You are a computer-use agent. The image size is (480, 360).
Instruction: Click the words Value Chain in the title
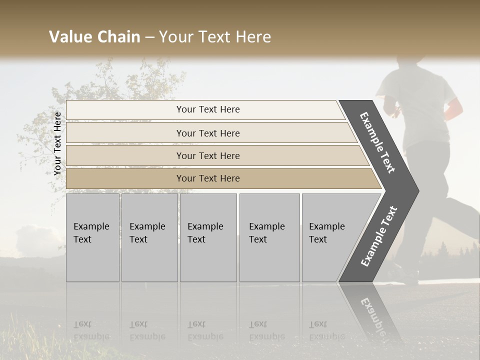94,37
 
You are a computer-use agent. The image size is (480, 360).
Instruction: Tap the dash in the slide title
149,37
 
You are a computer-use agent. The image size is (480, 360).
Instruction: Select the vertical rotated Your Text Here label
57,143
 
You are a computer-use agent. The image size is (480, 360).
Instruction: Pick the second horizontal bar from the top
208,133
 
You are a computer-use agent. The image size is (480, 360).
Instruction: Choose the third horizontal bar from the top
208,155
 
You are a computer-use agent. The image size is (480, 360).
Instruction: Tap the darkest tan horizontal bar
208,178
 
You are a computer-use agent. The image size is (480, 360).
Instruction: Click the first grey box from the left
92,237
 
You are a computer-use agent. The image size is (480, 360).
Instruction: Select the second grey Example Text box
149,237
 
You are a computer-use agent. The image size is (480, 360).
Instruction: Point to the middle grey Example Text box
208,237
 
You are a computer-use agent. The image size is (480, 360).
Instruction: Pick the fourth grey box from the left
269,237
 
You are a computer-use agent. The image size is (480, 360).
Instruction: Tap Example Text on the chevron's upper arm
377,142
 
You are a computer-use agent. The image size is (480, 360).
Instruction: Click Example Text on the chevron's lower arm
379,236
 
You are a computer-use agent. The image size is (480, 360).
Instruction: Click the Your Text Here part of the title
215,37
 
